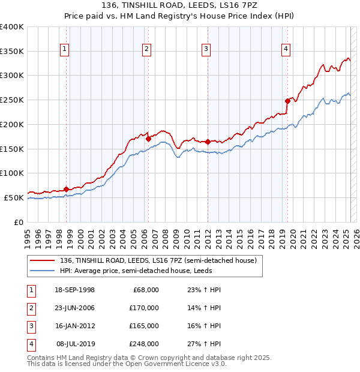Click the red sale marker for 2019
(x=287, y=101)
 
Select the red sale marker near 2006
(x=148, y=139)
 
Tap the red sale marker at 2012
(x=208, y=142)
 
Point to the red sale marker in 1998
(x=66, y=188)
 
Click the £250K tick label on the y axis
(x=12, y=100)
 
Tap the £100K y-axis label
(x=12, y=173)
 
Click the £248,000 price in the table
(x=143, y=344)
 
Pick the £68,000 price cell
(x=146, y=290)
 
